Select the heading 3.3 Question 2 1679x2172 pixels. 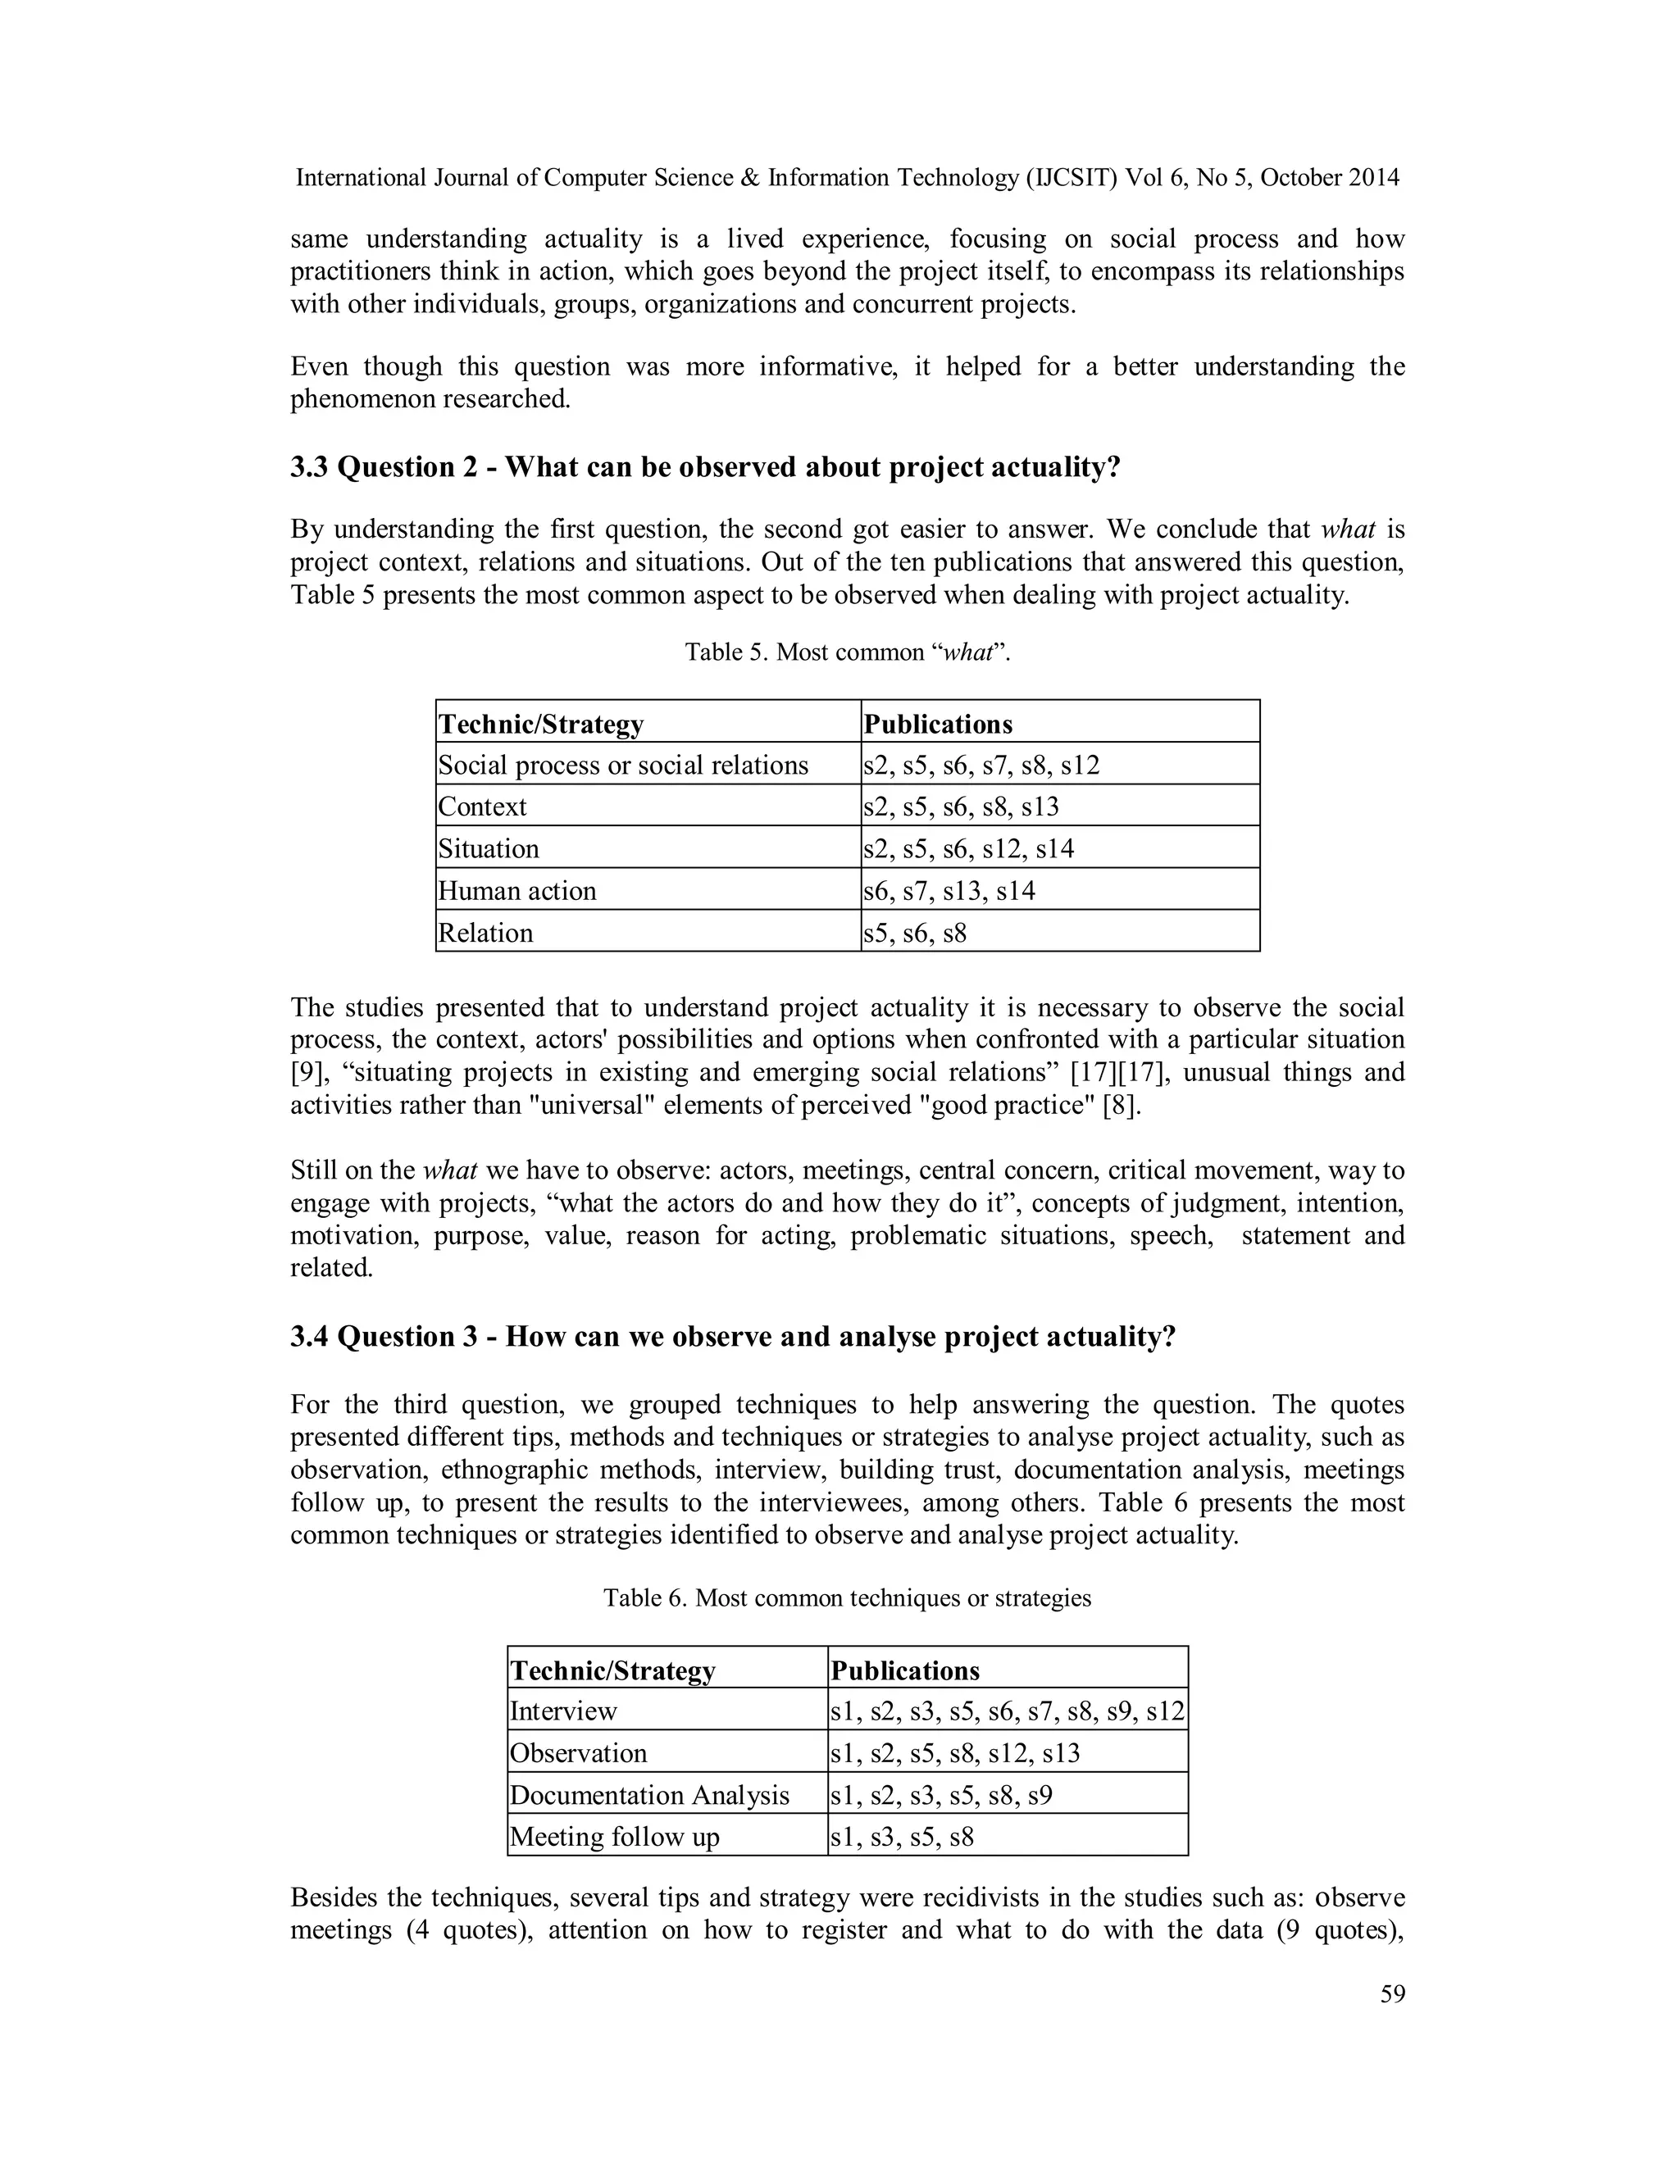click(704, 466)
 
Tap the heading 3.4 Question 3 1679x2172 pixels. click(732, 1336)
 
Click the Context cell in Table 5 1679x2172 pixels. click(482, 806)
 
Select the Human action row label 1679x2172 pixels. click(517, 890)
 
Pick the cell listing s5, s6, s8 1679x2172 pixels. click(915, 933)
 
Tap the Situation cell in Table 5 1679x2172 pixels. click(489, 848)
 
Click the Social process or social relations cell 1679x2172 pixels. click(623, 765)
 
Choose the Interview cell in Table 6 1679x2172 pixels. click(563, 1711)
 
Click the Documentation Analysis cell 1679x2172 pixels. click(648, 1795)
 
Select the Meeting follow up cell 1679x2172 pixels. click(614, 1837)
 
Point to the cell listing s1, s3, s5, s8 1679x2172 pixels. click(901, 1837)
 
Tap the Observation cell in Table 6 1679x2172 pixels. click(578, 1752)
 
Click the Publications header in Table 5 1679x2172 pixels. click(937, 723)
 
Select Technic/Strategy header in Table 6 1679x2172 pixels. click(612, 1670)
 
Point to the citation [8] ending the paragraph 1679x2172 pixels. click(1121, 1105)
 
